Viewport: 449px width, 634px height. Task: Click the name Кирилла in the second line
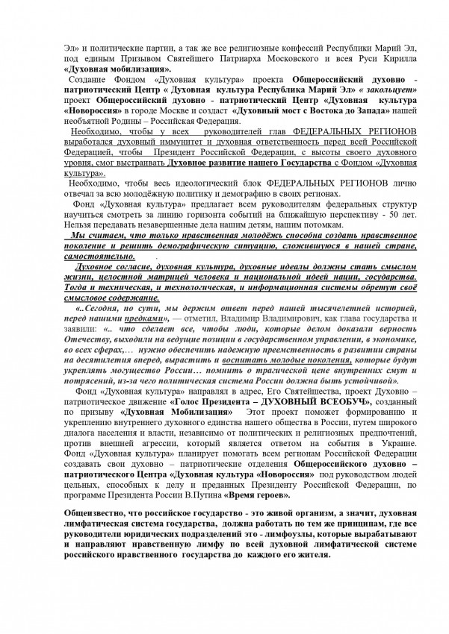[x=371, y=57]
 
